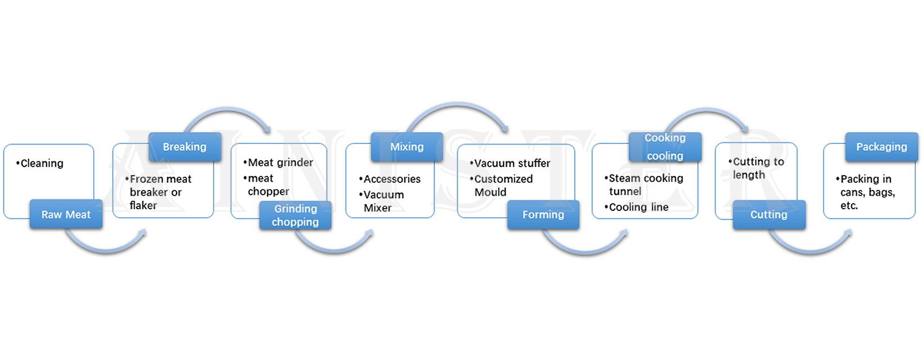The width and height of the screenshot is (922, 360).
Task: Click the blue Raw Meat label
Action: pyautogui.click(x=66, y=214)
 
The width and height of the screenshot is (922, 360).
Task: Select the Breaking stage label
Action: pyautogui.click(x=184, y=147)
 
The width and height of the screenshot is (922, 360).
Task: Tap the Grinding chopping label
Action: pyautogui.click(x=295, y=215)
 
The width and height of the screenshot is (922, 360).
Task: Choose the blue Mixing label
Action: pyautogui.click(x=406, y=147)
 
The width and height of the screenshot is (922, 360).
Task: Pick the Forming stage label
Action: pyautogui.click(x=543, y=214)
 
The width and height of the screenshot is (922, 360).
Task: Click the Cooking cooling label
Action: pyautogui.click(x=665, y=147)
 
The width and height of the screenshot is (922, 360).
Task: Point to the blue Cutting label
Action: pyautogui.click(x=769, y=214)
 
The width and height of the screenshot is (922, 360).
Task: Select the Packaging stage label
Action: pyautogui.click(x=881, y=147)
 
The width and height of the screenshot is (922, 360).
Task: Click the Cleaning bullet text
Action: pyautogui.click(x=40, y=164)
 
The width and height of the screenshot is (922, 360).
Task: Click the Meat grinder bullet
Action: pyautogui.click(x=279, y=163)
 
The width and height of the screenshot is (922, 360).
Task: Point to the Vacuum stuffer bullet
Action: pyautogui.click(x=510, y=164)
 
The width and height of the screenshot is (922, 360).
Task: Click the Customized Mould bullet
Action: pyautogui.click(x=502, y=185)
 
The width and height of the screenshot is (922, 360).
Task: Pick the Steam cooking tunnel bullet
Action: pyautogui.click(x=644, y=184)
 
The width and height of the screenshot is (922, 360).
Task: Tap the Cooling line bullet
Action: pyautogui.click(x=638, y=207)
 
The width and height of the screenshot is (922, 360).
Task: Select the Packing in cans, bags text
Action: pyautogui.click(x=866, y=192)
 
